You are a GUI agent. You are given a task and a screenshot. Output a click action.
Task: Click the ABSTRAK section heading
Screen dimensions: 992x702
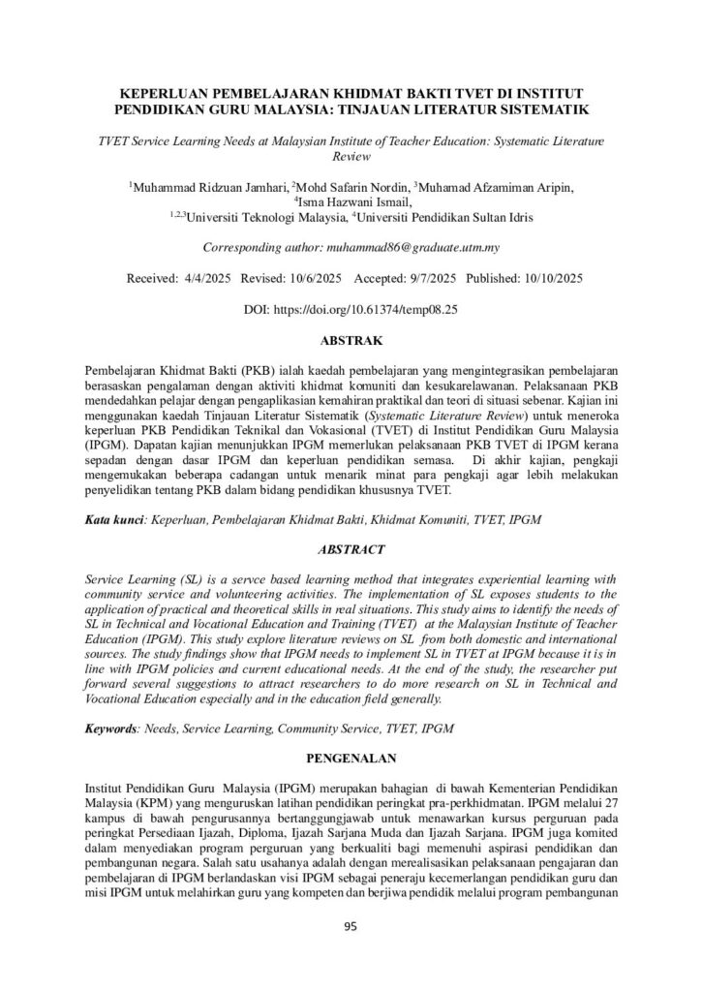351,340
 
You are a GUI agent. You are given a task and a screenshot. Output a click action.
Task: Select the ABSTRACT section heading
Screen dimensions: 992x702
351,550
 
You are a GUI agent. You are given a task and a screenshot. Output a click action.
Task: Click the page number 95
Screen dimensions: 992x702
351,927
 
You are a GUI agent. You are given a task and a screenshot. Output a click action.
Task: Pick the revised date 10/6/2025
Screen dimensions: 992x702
316,279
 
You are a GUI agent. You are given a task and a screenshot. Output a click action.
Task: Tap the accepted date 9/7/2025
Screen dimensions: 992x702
427,279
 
